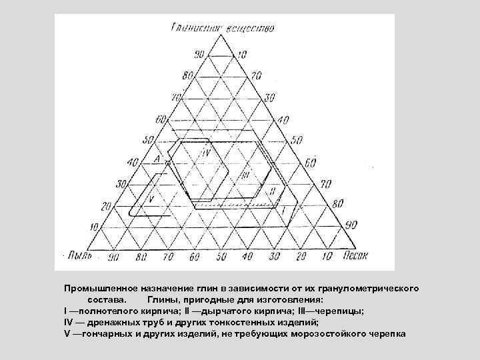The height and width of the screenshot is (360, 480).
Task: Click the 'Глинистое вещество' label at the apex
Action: (x=223, y=27)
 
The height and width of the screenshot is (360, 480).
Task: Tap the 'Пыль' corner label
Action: (x=79, y=255)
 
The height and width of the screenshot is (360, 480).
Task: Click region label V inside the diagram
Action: (x=151, y=198)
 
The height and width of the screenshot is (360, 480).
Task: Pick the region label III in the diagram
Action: (x=246, y=175)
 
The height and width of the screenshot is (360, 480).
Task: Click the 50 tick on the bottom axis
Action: (x=220, y=256)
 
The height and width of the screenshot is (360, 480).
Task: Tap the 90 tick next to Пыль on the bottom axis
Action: (x=113, y=256)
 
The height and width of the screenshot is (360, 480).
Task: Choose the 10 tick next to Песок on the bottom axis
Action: (x=327, y=256)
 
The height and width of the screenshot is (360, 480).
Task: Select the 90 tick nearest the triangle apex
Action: (x=199, y=53)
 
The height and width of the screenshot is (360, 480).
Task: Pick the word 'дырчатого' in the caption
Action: (x=224, y=311)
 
